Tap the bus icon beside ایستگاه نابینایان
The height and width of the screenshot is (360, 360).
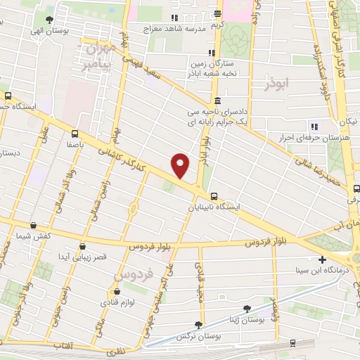point(214,197)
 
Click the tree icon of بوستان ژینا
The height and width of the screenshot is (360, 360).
point(247,308)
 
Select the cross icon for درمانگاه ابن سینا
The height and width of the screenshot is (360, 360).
point(322,259)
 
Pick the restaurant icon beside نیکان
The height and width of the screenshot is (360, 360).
point(314,127)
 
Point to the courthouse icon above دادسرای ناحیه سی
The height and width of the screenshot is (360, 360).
point(217,99)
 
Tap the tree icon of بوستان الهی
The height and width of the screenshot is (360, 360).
point(48,20)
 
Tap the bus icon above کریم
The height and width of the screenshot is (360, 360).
point(218,14)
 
